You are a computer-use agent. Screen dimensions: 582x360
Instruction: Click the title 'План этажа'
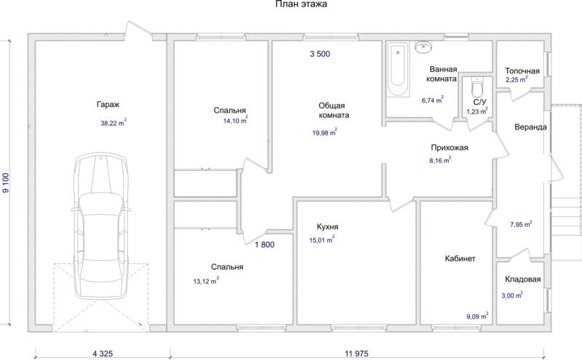pyautogui.click(x=301, y=4)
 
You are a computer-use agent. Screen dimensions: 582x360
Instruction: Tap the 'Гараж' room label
pyautogui.click(x=108, y=105)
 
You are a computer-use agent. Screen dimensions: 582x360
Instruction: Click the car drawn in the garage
pyautogui.click(x=100, y=225)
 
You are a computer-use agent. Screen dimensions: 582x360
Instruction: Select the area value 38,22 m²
pyautogui.click(x=113, y=123)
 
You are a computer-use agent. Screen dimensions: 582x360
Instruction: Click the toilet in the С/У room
pyautogui.click(x=476, y=87)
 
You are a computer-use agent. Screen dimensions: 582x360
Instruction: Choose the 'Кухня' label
pyautogui.click(x=327, y=227)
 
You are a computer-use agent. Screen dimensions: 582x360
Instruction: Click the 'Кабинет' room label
pyautogui.click(x=460, y=259)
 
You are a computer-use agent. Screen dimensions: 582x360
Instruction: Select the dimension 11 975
pyautogui.click(x=356, y=353)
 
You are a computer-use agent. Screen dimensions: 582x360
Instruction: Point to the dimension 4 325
pyautogui.click(x=103, y=353)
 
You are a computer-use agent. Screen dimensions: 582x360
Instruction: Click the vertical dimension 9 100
pyautogui.click(x=5, y=183)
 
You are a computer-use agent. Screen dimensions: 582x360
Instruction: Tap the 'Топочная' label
pyautogui.click(x=522, y=71)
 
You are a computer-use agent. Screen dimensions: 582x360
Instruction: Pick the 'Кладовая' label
pyautogui.click(x=522, y=279)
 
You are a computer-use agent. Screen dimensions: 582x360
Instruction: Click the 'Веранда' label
pyautogui.click(x=530, y=127)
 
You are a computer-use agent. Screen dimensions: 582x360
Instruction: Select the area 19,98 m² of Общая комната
pyautogui.click(x=324, y=132)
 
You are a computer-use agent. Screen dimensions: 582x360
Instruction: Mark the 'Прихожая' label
pyautogui.click(x=449, y=148)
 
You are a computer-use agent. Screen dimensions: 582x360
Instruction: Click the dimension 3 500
pyautogui.click(x=320, y=54)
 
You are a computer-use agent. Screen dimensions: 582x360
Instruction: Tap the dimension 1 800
pyautogui.click(x=265, y=244)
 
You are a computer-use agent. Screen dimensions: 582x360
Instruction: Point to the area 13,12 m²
pyautogui.click(x=206, y=281)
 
